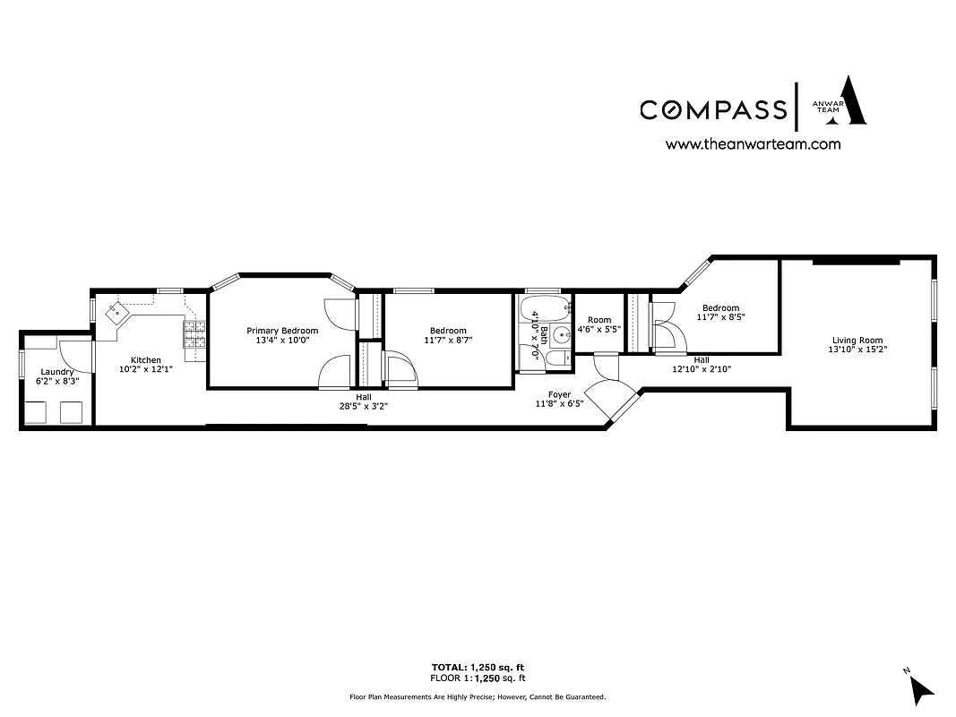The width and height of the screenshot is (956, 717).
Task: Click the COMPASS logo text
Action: [712, 109]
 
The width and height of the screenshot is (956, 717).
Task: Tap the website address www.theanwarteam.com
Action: [753, 143]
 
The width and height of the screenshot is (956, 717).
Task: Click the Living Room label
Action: [857, 340]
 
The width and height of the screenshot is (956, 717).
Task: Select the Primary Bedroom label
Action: [282, 331]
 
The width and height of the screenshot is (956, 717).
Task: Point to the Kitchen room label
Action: [146, 360]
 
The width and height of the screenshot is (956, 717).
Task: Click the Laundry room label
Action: [56, 371]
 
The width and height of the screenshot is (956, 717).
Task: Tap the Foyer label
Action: [559, 394]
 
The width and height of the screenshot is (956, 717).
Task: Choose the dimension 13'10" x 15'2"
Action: [857, 350]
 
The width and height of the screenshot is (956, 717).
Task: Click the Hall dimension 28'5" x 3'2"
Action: [363, 406]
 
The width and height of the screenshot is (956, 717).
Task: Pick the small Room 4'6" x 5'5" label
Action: [599, 320]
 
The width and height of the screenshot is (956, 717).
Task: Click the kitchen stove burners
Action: [194, 335]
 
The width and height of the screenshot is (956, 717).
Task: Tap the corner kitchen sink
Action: [116, 313]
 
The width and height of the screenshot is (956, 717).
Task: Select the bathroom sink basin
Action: [560, 336]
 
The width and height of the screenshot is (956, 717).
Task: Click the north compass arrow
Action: [922, 687]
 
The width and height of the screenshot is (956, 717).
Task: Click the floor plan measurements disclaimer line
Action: [478, 696]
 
